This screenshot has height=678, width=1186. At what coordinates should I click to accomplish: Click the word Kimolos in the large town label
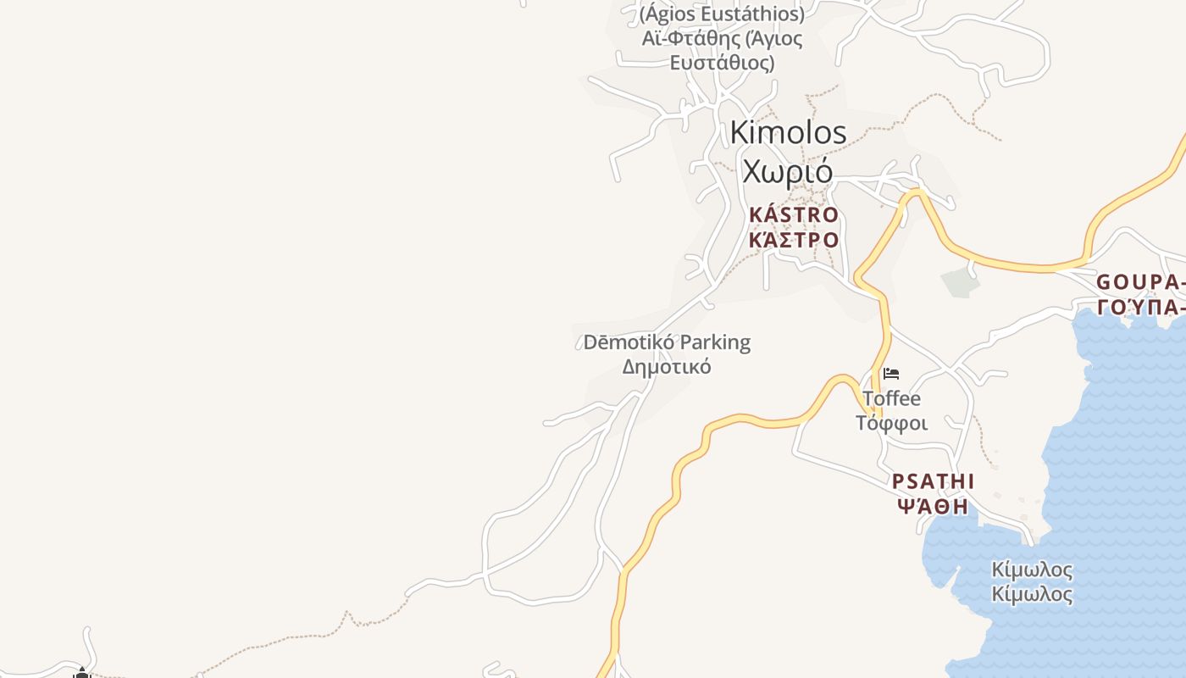point(788,132)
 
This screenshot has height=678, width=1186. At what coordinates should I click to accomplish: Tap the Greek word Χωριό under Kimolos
point(788,170)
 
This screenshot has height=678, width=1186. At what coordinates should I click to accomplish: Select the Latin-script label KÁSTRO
point(794,215)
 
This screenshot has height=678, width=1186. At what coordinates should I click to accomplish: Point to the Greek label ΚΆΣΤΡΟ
point(794,240)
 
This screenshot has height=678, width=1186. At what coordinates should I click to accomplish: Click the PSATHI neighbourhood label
point(933,482)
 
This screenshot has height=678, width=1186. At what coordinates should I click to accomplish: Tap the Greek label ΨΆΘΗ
point(932,507)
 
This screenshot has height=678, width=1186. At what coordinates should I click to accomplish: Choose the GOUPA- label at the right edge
point(1140,282)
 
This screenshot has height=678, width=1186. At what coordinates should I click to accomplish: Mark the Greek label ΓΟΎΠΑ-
point(1140,307)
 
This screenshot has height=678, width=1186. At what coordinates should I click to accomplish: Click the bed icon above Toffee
point(891,374)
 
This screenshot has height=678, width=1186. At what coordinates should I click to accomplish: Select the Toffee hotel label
point(891,398)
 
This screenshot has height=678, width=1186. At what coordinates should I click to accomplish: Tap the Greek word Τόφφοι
point(891,423)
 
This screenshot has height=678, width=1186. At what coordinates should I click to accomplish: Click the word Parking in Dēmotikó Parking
point(716,342)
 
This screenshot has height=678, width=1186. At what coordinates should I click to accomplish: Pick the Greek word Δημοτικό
point(667,367)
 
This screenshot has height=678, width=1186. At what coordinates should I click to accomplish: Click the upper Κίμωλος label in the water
point(1032,570)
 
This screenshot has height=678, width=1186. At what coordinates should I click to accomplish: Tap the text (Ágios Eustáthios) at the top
point(722,14)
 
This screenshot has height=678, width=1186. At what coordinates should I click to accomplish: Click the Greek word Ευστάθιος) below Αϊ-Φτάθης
point(722,63)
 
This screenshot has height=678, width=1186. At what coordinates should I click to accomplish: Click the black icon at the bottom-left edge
point(81,673)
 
